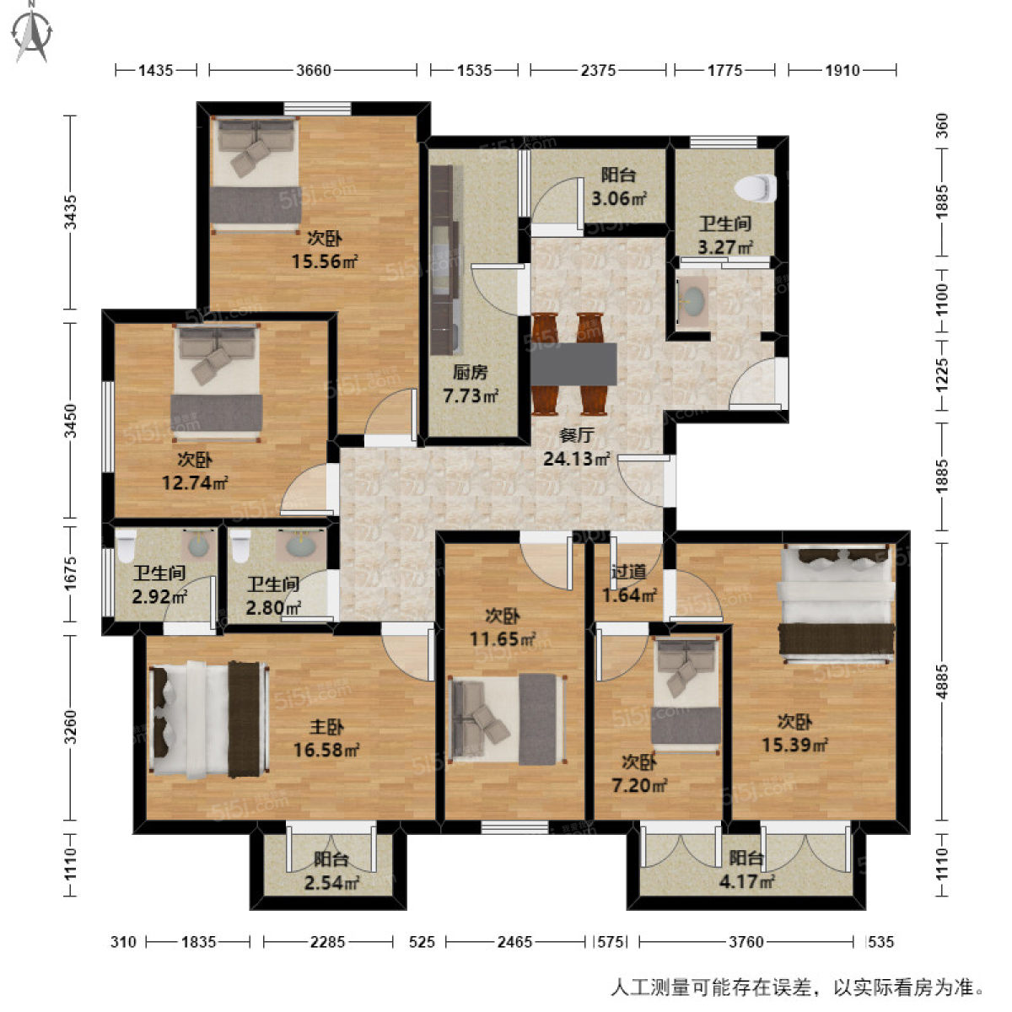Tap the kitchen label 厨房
click(x=470, y=373)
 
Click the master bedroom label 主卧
click(x=326, y=727)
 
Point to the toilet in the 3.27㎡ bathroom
click(x=756, y=187)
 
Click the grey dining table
click(x=573, y=363)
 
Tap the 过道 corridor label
click(x=628, y=573)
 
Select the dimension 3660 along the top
click(x=313, y=71)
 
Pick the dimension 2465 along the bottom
click(x=514, y=942)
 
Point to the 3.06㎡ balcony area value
click(x=618, y=199)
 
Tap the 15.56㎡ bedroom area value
click(x=325, y=261)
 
